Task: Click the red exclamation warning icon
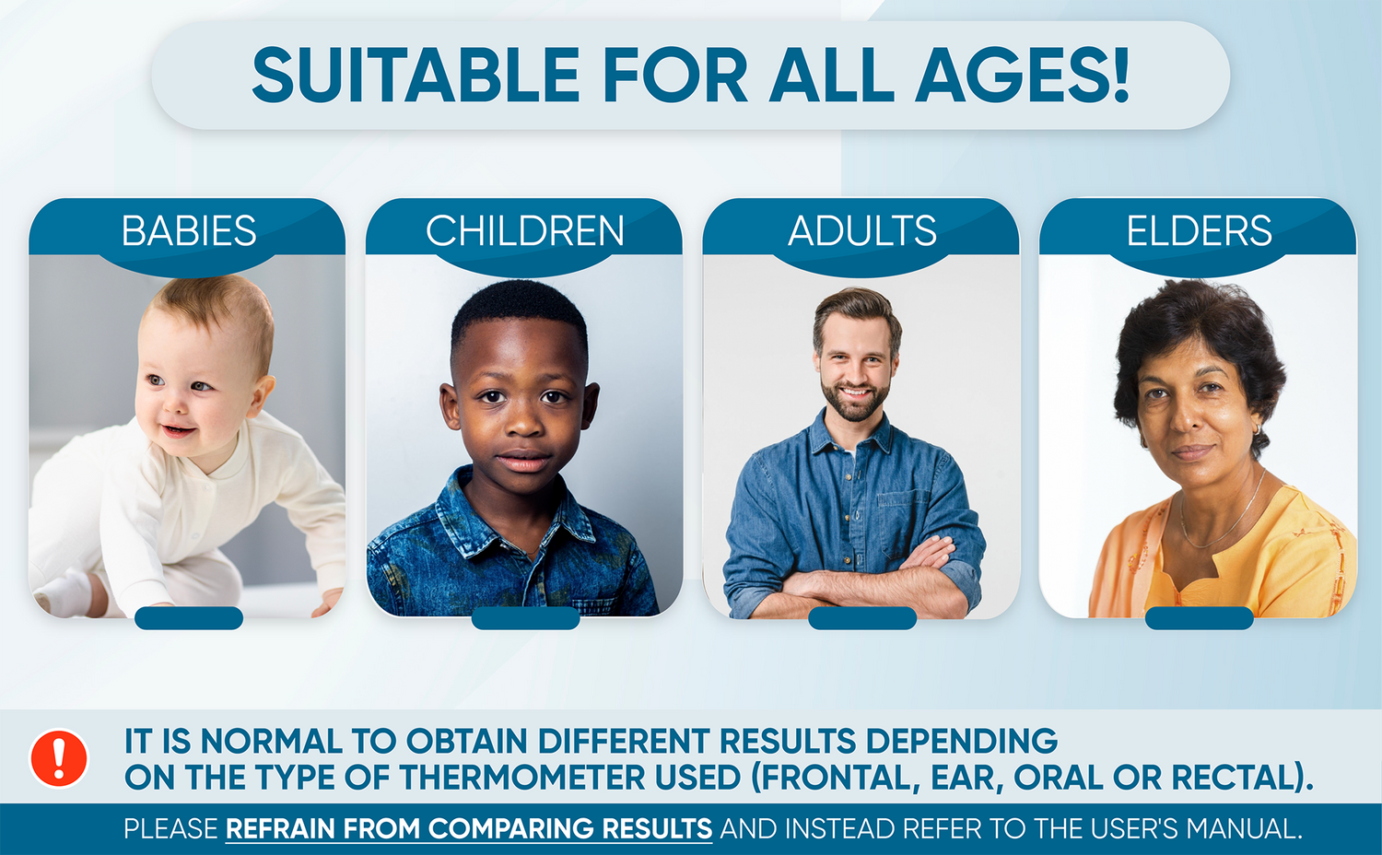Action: (x=59, y=759)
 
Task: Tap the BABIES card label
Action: (x=189, y=230)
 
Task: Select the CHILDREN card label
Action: (x=525, y=230)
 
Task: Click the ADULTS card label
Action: (x=861, y=230)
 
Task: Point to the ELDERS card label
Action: (x=1199, y=230)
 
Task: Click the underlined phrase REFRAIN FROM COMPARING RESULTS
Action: (x=469, y=828)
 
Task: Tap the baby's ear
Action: (x=261, y=396)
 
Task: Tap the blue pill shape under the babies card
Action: (x=189, y=618)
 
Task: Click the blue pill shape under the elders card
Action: (x=1199, y=618)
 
